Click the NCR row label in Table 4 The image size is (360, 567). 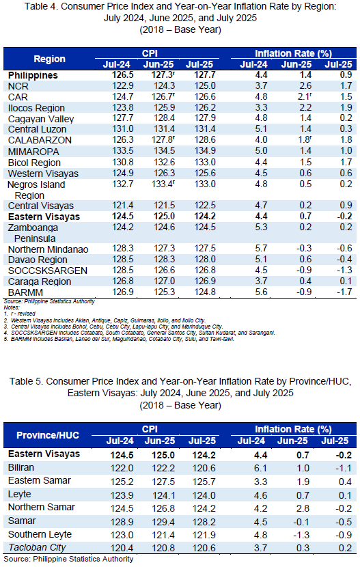[x=18, y=86]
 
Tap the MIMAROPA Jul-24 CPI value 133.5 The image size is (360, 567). [x=123, y=151]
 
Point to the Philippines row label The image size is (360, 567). [x=33, y=75]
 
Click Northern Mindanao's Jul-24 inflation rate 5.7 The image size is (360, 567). [x=261, y=249]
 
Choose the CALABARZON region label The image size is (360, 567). [x=40, y=140]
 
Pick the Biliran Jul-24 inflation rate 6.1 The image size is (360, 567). [x=260, y=468]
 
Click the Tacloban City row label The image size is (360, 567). [x=37, y=547]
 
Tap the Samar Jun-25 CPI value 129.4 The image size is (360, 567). [x=163, y=522]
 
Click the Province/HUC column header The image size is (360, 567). [x=48, y=435]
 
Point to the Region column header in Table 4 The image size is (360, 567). [x=49, y=59]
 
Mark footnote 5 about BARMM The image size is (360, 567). [x=119, y=340]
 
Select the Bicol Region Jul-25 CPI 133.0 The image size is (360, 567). [x=206, y=162]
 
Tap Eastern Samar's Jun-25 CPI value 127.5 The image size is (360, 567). [x=163, y=482]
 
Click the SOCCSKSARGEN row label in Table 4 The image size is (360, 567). [x=48, y=271]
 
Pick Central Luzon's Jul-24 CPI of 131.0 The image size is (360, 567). [x=123, y=129]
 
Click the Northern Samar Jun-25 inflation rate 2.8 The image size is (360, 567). [x=303, y=508]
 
